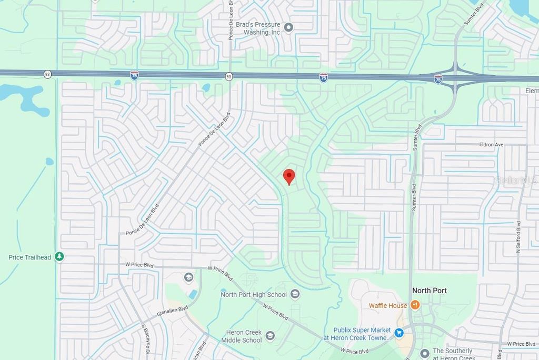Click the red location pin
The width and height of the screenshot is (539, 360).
point(289,176)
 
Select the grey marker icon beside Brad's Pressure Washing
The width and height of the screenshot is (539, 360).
point(288,27)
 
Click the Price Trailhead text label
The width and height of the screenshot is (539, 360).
point(29,257)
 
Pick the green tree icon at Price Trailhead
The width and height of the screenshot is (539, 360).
point(60,256)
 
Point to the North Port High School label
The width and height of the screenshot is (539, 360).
point(254,294)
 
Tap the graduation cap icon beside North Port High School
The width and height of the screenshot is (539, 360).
point(295,294)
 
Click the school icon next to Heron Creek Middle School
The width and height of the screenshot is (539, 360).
point(270,335)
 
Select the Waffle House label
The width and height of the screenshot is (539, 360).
point(387,305)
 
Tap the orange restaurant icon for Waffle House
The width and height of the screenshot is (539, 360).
point(415,305)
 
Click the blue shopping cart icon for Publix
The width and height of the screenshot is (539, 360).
point(399,333)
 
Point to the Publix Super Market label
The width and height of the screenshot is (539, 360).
point(358,334)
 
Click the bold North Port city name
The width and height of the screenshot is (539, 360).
point(429,291)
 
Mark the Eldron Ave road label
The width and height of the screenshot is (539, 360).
point(491,144)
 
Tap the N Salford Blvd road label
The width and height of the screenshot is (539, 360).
point(518,238)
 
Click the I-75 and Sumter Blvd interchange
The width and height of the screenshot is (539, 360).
point(455,77)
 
